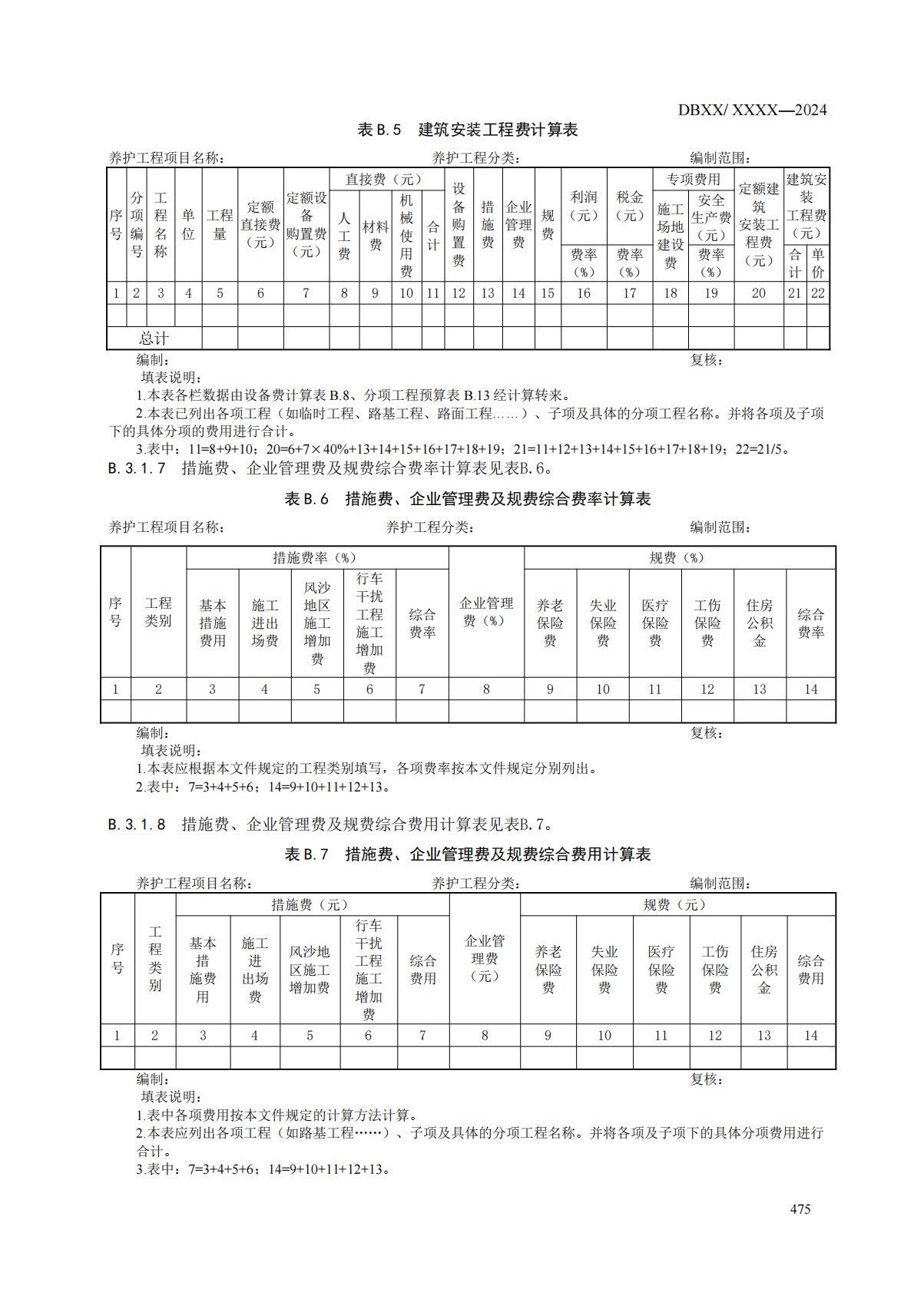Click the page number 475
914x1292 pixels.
point(800,1208)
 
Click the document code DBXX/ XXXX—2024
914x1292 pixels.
point(752,110)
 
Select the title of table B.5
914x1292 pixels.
point(467,130)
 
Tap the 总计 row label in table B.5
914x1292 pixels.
point(154,338)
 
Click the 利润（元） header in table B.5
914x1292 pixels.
point(584,206)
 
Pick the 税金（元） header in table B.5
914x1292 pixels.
point(630,206)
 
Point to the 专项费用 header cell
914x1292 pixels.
point(693,179)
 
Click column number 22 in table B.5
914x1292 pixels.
point(818,292)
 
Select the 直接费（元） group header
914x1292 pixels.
point(383,179)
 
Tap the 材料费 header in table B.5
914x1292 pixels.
point(375,235)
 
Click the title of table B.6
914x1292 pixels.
point(467,499)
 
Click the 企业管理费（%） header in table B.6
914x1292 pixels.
point(485,611)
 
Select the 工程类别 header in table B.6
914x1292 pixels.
point(158,611)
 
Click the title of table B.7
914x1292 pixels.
point(467,854)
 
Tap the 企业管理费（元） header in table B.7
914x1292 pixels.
point(484,958)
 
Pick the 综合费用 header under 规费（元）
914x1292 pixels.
point(810,969)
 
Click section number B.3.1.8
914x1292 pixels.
point(137,824)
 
